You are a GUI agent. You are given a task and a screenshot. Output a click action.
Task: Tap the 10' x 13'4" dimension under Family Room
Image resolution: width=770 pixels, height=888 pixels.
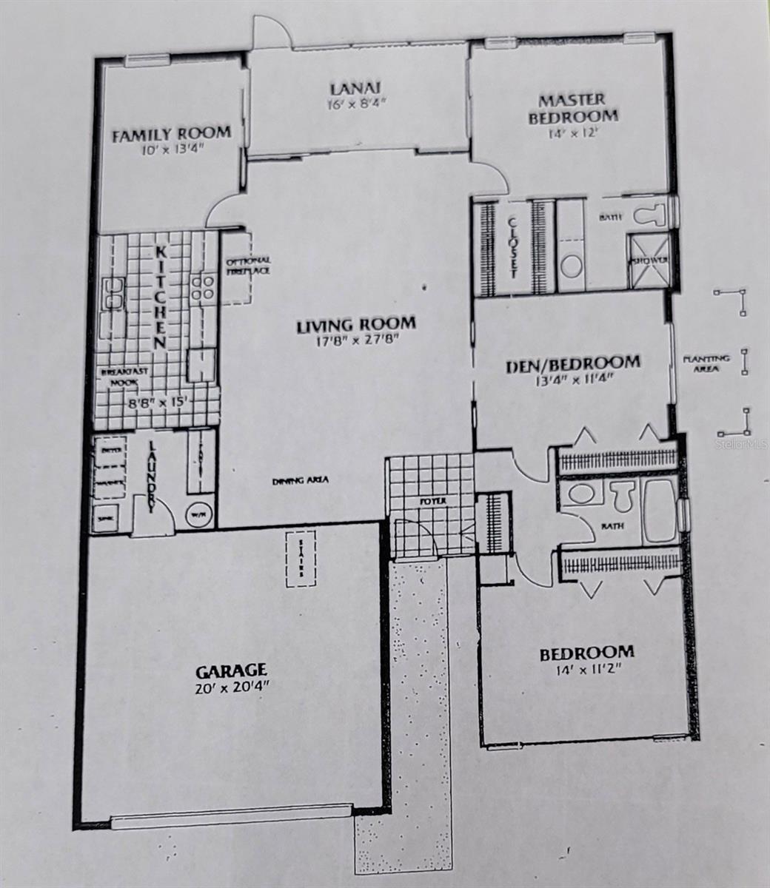(173, 149)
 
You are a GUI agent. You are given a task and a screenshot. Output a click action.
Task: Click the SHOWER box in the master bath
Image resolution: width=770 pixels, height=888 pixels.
(649, 261)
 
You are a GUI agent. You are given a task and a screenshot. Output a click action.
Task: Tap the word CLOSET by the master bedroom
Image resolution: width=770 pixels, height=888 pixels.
(513, 247)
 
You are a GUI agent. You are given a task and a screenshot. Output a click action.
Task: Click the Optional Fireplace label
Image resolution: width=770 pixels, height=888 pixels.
(247, 266)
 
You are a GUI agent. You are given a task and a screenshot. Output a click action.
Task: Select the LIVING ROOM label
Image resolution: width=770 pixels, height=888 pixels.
(355, 324)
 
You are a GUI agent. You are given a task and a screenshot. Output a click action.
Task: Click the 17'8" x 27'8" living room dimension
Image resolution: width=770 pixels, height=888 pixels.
(355, 340)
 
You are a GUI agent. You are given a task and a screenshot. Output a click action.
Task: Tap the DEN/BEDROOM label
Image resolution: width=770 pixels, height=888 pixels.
(572, 363)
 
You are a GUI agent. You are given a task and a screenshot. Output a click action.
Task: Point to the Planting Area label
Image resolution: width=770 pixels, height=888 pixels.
(706, 363)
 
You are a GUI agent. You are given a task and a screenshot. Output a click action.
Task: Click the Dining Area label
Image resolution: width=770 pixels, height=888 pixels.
(300, 481)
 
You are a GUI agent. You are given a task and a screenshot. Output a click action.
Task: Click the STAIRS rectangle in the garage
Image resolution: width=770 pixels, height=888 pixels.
(303, 558)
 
